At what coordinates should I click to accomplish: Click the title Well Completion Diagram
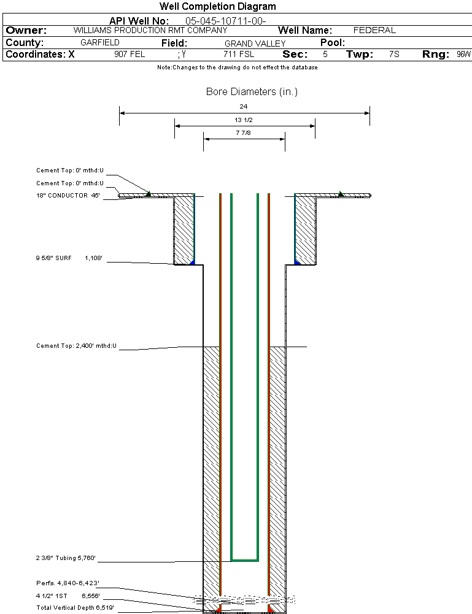218,7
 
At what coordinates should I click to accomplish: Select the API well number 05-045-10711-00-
225,21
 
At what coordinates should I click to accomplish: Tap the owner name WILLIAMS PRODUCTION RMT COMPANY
150,30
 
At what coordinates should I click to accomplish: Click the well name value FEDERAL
374,30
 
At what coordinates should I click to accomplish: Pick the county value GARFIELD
100,43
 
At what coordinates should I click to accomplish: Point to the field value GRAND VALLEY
255,44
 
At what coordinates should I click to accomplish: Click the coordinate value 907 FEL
130,55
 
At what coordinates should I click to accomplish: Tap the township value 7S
394,55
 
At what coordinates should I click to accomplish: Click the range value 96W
463,55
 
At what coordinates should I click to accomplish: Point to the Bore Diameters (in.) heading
252,92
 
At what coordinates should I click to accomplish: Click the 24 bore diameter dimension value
244,106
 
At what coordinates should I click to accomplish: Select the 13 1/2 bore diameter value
244,120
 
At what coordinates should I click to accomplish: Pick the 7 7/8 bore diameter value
244,132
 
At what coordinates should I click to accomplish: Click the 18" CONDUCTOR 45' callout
68,196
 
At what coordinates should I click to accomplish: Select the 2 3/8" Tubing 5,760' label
66,558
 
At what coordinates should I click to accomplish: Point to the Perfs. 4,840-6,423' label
68,583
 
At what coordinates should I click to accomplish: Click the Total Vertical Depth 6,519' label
75,607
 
